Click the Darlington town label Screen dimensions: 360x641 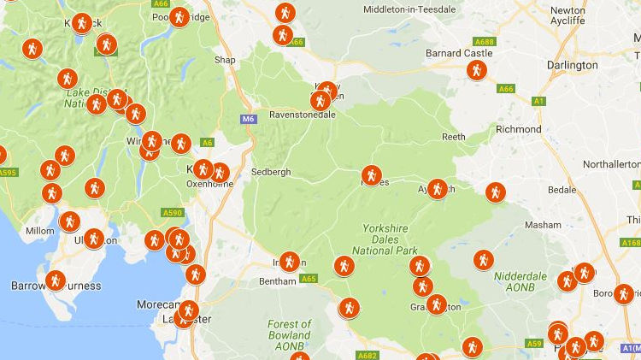click(573, 65)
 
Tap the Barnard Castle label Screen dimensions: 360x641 click(459, 53)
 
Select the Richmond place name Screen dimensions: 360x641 click(518, 129)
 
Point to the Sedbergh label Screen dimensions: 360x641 click(271, 172)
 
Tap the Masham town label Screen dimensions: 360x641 click(543, 224)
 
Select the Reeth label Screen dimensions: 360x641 click(453, 137)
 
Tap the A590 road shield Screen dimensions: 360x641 click(172, 212)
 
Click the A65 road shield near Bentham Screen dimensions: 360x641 click(309, 278)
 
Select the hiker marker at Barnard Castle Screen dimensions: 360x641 click(477, 70)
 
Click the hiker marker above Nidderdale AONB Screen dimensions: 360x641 click(483, 259)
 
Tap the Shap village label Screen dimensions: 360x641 click(225, 60)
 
